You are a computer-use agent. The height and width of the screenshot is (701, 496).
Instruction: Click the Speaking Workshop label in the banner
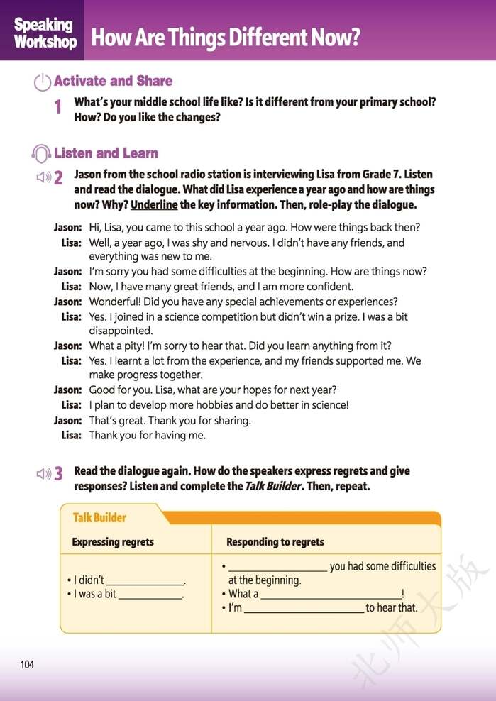pyautogui.click(x=44, y=33)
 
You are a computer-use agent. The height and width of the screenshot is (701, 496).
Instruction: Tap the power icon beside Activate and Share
pyautogui.click(x=43, y=82)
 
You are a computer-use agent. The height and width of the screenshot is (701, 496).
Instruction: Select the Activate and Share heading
pyautogui.click(x=113, y=81)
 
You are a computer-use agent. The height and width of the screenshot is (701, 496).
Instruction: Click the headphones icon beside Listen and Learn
pyautogui.click(x=42, y=153)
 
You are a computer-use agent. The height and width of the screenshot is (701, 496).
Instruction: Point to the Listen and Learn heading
pyautogui.click(x=106, y=153)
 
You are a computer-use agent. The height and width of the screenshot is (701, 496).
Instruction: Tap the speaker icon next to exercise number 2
pyautogui.click(x=44, y=177)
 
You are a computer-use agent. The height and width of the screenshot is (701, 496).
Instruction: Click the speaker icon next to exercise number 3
pyautogui.click(x=44, y=473)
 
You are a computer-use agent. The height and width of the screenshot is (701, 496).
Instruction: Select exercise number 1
pyautogui.click(x=58, y=107)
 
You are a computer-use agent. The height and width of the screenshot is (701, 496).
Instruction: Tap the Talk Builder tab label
pyautogui.click(x=99, y=517)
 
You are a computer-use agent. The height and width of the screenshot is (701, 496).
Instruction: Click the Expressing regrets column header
pyautogui.click(x=113, y=542)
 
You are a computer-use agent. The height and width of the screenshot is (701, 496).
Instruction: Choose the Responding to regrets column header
pyautogui.click(x=275, y=542)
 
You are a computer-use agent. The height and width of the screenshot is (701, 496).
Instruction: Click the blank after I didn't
pyautogui.click(x=145, y=581)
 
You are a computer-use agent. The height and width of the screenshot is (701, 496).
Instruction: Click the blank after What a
pyautogui.click(x=331, y=595)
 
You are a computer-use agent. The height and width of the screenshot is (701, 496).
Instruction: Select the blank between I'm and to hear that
pyautogui.click(x=304, y=609)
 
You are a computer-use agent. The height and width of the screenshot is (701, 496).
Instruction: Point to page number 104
pyautogui.click(x=27, y=665)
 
